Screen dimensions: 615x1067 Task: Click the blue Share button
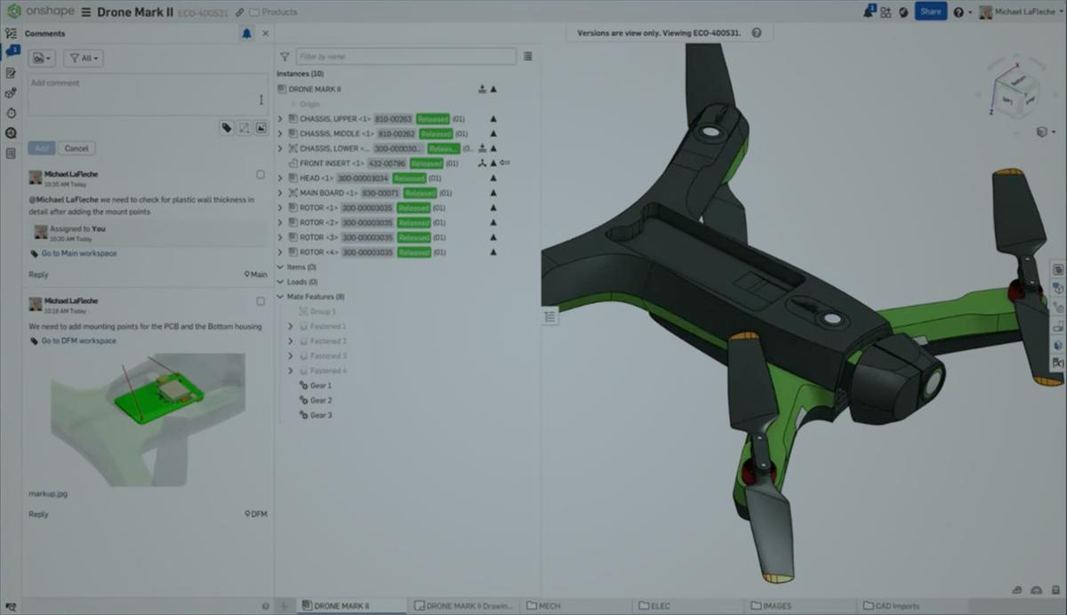[930, 12]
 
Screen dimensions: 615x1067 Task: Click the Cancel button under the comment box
[76, 148]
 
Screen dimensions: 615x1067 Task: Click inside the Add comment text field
[142, 94]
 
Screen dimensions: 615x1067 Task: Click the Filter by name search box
[405, 56]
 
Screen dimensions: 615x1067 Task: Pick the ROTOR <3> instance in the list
[318, 237]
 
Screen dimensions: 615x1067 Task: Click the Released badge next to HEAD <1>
[410, 179]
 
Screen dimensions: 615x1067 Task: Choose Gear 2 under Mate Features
[320, 401]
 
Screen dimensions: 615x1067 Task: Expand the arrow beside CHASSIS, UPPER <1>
[280, 119]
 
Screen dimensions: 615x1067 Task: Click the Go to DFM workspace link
[78, 341]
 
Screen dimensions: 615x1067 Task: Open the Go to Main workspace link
[78, 254]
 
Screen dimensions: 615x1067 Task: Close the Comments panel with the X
[265, 34]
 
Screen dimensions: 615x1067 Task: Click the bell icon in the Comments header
[246, 34]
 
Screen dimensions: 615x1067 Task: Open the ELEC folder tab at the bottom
[660, 606]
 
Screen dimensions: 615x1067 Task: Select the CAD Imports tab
[895, 606]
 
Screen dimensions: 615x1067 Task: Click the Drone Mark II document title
[134, 12]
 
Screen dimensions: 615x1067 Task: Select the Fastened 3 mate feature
[328, 356]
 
